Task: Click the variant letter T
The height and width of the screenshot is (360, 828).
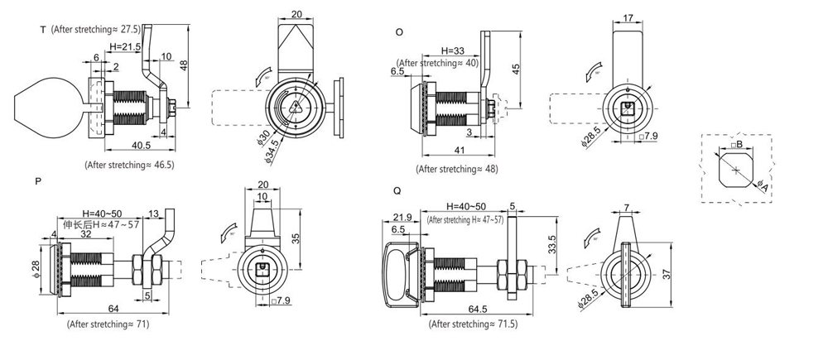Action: tap(41, 30)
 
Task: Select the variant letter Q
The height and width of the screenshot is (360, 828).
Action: tap(398, 190)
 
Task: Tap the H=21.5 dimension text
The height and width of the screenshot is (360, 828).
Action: tap(124, 46)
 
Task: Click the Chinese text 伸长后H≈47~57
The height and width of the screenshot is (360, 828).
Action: tap(92, 223)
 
